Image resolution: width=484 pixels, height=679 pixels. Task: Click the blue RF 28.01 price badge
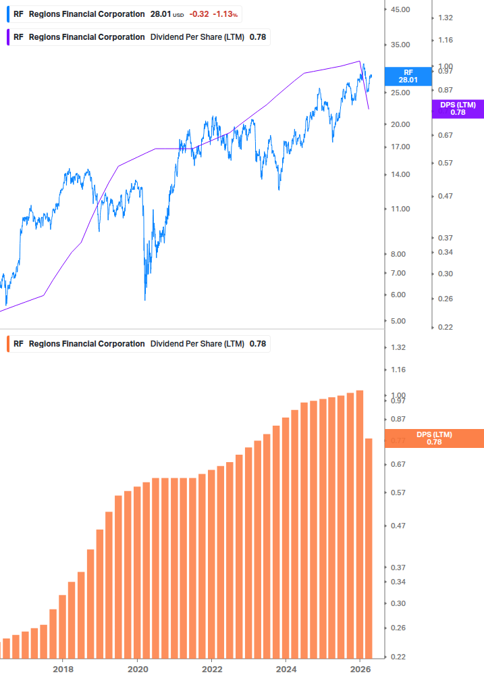tap(408, 76)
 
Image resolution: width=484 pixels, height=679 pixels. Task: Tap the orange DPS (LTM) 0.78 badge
tap(434, 438)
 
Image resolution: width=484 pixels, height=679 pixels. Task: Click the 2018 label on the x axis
tap(63, 669)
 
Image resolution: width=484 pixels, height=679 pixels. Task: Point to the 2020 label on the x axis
tap(137, 669)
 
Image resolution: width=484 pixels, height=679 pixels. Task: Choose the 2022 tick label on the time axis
tap(211, 669)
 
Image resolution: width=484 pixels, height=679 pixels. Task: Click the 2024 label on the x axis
tap(286, 669)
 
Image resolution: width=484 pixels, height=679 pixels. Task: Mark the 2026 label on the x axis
tap(360, 669)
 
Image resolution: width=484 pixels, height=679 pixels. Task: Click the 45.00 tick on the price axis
tap(401, 9)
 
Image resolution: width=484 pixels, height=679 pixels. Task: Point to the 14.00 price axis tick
tap(401, 175)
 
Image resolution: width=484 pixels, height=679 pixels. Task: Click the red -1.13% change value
tap(226, 14)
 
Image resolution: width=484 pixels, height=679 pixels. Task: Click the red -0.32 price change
tap(198, 14)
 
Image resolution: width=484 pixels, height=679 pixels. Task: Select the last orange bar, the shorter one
tap(369, 548)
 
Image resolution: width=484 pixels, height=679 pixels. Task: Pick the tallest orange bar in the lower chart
tap(360, 524)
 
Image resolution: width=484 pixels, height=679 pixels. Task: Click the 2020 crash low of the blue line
tap(145, 299)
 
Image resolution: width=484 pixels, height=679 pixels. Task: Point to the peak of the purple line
tap(359, 61)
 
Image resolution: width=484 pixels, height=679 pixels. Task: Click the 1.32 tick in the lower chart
tap(398, 347)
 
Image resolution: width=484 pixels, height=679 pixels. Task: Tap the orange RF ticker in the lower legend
tap(18, 344)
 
